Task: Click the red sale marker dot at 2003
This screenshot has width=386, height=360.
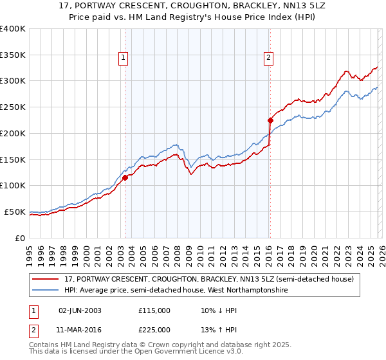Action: pyautogui.click(x=125, y=178)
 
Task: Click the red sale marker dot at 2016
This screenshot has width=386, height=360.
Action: pyautogui.click(x=270, y=120)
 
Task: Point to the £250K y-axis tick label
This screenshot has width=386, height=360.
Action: pyautogui.click(x=13, y=107)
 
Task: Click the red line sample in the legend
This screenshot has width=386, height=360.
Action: pyautogui.click(x=46, y=280)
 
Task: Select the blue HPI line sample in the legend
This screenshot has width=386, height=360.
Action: pyautogui.click(x=46, y=291)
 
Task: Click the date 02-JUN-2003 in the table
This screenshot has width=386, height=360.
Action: pyautogui.click(x=80, y=310)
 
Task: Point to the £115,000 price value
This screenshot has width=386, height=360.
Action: pyautogui.click(x=154, y=310)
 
